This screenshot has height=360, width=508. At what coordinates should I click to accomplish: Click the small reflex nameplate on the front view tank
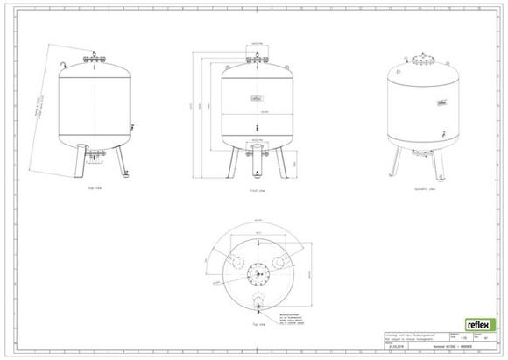pos(258,100)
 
